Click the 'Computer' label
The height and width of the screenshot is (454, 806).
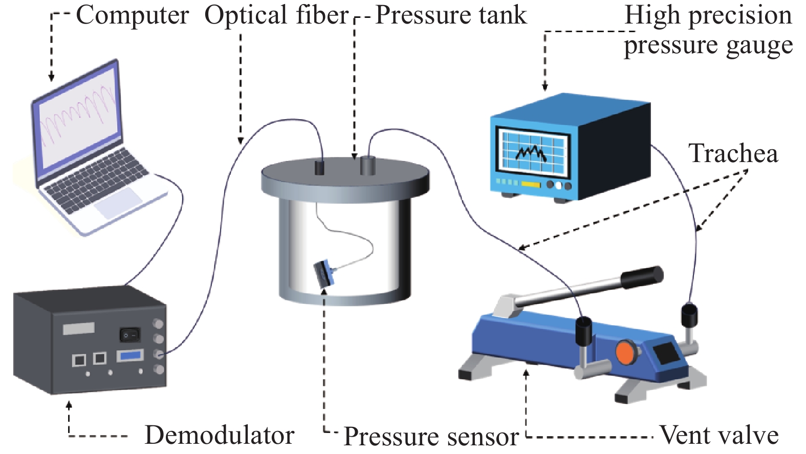click(132, 15)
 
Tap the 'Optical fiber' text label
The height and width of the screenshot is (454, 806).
click(276, 15)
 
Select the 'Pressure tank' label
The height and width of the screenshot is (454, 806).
click(450, 15)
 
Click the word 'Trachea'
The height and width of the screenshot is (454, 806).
click(733, 153)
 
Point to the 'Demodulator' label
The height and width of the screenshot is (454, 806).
click(219, 436)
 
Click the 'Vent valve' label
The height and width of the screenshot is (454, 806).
click(719, 436)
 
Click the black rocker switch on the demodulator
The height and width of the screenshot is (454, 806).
click(129, 335)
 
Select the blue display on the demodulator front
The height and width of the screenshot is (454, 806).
click(130, 355)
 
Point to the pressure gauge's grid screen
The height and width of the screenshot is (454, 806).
click(532, 151)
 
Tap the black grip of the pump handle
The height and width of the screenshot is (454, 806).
click(642, 276)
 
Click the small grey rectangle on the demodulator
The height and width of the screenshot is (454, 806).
click(79, 328)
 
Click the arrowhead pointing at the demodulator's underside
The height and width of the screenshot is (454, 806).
click(69, 405)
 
